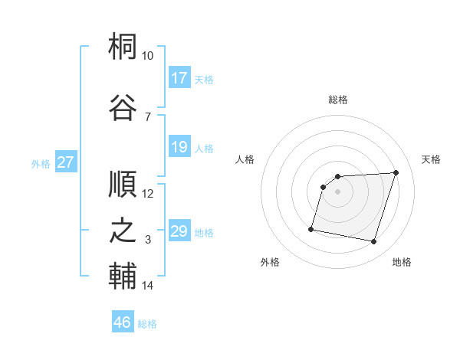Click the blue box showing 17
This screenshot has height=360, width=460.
tap(179, 78)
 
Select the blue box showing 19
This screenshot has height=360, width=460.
tap(179, 147)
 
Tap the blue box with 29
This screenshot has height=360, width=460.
tap(179, 231)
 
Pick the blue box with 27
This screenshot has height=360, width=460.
tap(66, 162)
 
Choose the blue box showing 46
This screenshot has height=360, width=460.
tap(123, 322)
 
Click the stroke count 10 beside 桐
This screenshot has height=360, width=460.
tap(148, 57)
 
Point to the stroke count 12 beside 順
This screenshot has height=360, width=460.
tap(148, 194)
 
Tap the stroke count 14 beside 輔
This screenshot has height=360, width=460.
tap(148, 286)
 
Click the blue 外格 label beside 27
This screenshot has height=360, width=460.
tap(40, 163)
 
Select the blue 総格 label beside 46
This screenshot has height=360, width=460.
tap(147, 324)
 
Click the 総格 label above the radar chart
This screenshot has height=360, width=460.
tap(338, 100)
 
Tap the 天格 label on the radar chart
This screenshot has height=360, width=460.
tap(432, 159)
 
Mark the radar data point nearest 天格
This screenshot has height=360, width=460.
tap(396, 172)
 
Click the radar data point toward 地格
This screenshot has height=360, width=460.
tap(373, 242)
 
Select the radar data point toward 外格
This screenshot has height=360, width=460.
tap(311, 228)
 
